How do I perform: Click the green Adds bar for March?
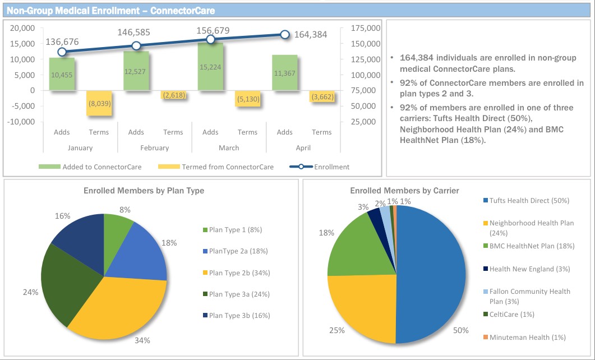coord(210,66)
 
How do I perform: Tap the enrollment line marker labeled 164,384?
coord(285,35)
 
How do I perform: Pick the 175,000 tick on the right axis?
coord(365,28)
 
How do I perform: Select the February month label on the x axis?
coord(154,148)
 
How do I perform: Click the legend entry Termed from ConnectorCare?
coord(216,167)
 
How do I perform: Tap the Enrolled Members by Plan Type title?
coord(144,191)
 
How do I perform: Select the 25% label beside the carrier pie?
coord(336,330)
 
